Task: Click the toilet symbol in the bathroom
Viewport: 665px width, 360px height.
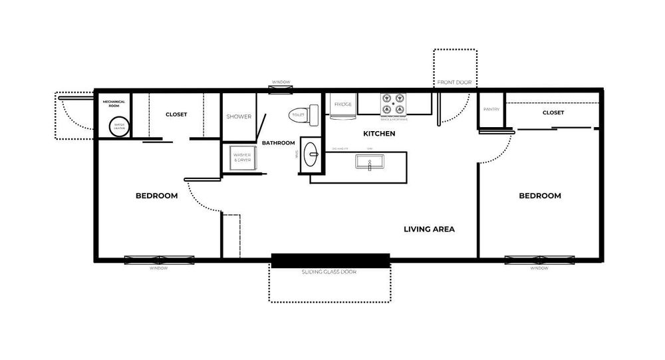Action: tap(299, 115)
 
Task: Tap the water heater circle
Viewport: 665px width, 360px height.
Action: tap(119, 126)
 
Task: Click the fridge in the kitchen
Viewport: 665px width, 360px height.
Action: tap(342, 106)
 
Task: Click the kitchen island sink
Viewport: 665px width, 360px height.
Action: tap(369, 162)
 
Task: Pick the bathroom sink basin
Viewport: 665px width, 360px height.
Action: tap(311, 156)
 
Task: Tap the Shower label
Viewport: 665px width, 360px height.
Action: tap(239, 116)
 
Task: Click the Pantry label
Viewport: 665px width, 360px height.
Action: tap(491, 109)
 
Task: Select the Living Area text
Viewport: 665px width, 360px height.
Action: tap(429, 229)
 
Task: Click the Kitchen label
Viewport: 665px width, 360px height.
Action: tap(379, 134)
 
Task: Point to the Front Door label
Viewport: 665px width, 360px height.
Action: tap(454, 83)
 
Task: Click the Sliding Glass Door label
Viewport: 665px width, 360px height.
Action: tap(329, 271)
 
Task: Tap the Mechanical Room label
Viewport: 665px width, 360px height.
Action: tap(114, 104)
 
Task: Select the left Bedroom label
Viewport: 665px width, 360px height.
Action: tap(156, 196)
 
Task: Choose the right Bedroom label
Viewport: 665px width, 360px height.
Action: tap(539, 196)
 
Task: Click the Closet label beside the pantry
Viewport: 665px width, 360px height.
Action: tap(553, 112)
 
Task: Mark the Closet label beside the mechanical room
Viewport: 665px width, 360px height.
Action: tap(176, 114)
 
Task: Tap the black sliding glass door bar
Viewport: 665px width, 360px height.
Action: tap(330, 260)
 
